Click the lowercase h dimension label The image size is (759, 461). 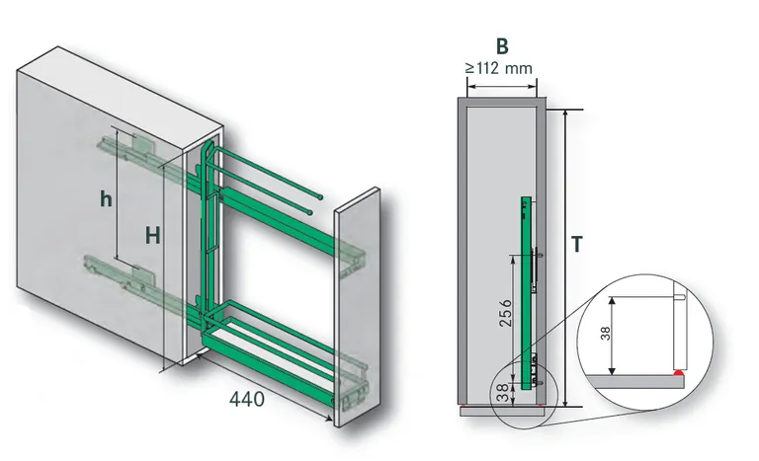point(104,197)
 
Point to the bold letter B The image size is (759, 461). point(501,45)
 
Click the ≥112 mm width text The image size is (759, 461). point(501,69)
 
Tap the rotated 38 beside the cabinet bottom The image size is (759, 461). point(503,393)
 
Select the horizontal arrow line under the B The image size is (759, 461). point(501,85)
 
